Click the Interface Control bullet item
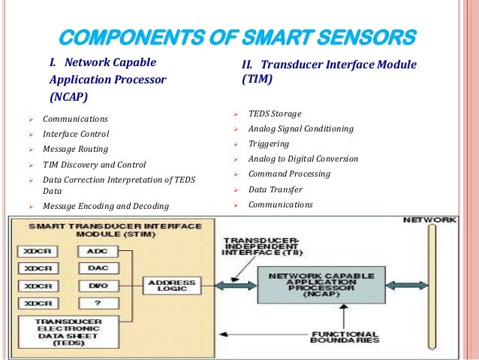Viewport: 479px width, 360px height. (x=76, y=134)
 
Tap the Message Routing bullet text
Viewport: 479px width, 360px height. (x=75, y=149)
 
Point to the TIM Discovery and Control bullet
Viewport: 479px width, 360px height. (x=95, y=164)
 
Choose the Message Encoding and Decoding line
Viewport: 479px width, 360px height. (x=106, y=206)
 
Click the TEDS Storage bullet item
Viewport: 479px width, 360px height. (x=275, y=113)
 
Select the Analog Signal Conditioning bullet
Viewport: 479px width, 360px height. (x=300, y=129)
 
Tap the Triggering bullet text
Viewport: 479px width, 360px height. (x=268, y=144)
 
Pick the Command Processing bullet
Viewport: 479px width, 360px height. (x=288, y=174)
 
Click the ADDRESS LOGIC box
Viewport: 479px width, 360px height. (x=172, y=286)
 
